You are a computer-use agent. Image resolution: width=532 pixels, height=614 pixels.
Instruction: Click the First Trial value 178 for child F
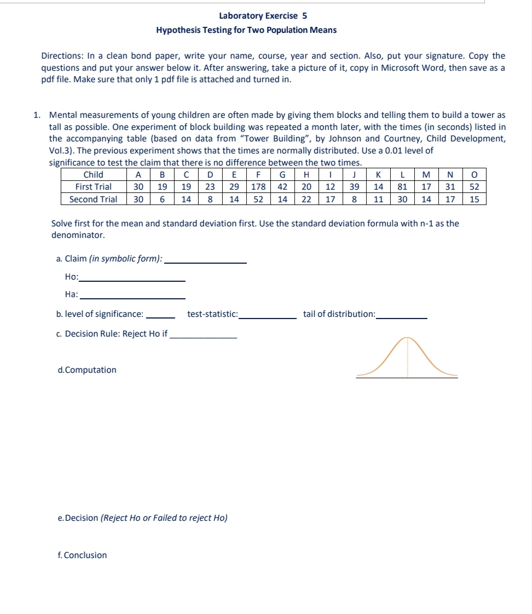pos(258,187)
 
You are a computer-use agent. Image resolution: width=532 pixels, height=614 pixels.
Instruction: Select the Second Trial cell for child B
pos(163,200)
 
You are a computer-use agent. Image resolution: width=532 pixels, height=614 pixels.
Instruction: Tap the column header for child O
pos(475,175)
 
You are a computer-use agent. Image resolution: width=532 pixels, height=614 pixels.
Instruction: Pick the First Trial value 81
pos(402,187)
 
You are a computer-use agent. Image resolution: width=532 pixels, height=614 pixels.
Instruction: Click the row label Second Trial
pos(93,200)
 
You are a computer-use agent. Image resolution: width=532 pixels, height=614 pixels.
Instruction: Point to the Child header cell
pos(93,175)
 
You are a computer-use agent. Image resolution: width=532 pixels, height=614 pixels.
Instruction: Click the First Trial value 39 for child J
pos(354,187)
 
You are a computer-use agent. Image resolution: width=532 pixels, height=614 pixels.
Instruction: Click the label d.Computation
pos(87,370)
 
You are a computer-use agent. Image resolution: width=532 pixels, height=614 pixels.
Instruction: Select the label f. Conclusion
pos(82,555)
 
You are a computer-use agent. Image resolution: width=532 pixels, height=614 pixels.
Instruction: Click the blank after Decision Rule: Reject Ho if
pos(204,335)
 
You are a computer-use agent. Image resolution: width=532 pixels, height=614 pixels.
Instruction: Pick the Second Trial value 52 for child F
pos(258,200)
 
